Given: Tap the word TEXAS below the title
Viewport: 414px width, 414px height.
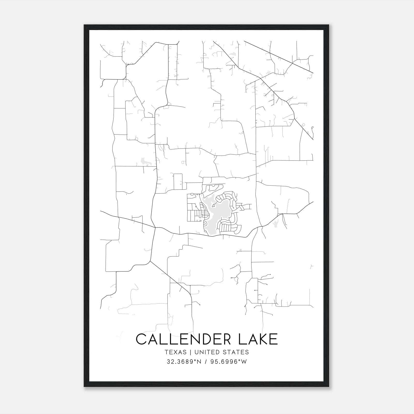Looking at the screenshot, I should pyautogui.click(x=175, y=352).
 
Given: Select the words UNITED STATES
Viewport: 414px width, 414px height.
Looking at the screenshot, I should pyautogui.click(x=222, y=352).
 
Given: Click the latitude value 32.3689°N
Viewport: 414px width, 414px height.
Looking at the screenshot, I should pyautogui.click(x=184, y=362).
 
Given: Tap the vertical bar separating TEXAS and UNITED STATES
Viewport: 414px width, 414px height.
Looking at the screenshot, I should pyautogui.click(x=190, y=352).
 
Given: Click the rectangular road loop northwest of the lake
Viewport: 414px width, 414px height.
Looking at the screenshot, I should pyautogui.click(x=178, y=182).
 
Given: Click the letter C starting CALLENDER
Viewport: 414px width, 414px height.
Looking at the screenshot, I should pyautogui.click(x=141, y=339).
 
